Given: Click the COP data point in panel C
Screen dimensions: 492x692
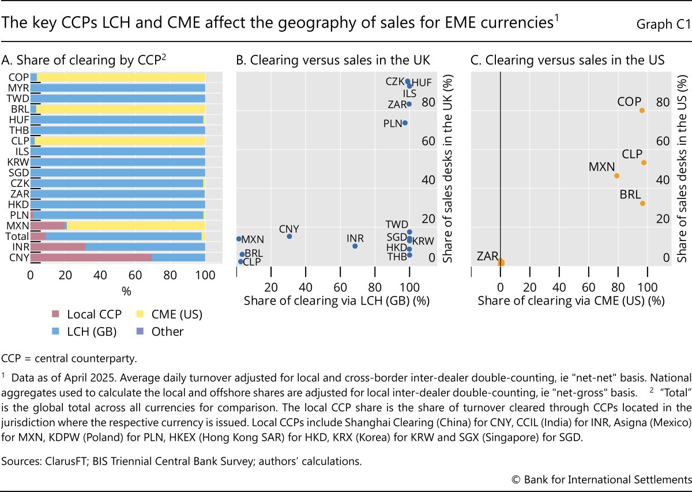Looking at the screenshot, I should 642,110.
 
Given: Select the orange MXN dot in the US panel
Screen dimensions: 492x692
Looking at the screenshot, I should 616,175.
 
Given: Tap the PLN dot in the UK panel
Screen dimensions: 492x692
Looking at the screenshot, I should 405,123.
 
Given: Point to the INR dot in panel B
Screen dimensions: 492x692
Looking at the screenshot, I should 355,246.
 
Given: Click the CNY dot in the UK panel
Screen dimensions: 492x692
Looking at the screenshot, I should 289,236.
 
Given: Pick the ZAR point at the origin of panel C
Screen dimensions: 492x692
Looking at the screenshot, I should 501,262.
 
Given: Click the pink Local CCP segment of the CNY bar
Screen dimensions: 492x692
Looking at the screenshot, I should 92,257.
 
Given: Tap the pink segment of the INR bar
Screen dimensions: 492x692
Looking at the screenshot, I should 58,247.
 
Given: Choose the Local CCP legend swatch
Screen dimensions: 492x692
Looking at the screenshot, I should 56,314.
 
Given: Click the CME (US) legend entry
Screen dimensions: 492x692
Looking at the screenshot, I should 178,314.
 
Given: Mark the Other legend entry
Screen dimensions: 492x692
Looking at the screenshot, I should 167,332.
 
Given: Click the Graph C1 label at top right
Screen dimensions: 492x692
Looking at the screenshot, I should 662,24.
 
